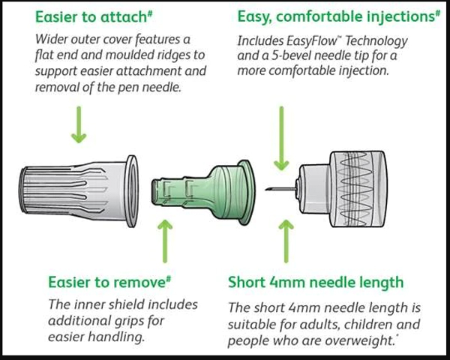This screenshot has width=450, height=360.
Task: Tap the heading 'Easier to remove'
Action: pyautogui.click(x=105, y=283)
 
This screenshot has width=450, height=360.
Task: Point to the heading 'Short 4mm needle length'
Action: pyautogui.click(x=315, y=283)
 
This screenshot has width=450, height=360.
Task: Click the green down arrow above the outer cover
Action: pyautogui.click(x=78, y=124)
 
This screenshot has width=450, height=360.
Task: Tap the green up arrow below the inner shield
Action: pyautogui.click(x=166, y=238)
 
